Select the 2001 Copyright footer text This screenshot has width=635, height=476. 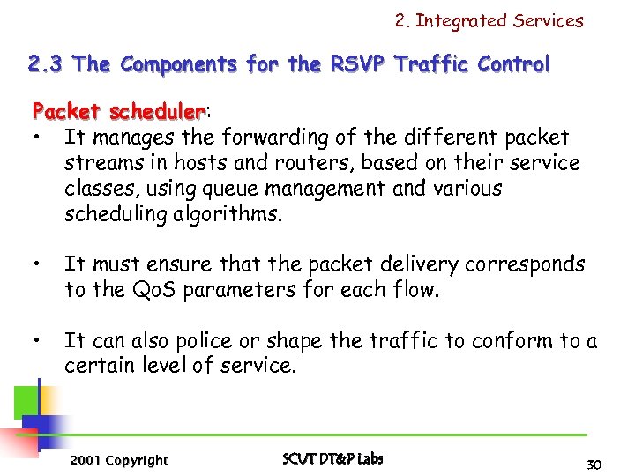pyautogui.click(x=118, y=460)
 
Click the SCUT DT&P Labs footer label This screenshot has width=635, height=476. pyautogui.click(x=332, y=459)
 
